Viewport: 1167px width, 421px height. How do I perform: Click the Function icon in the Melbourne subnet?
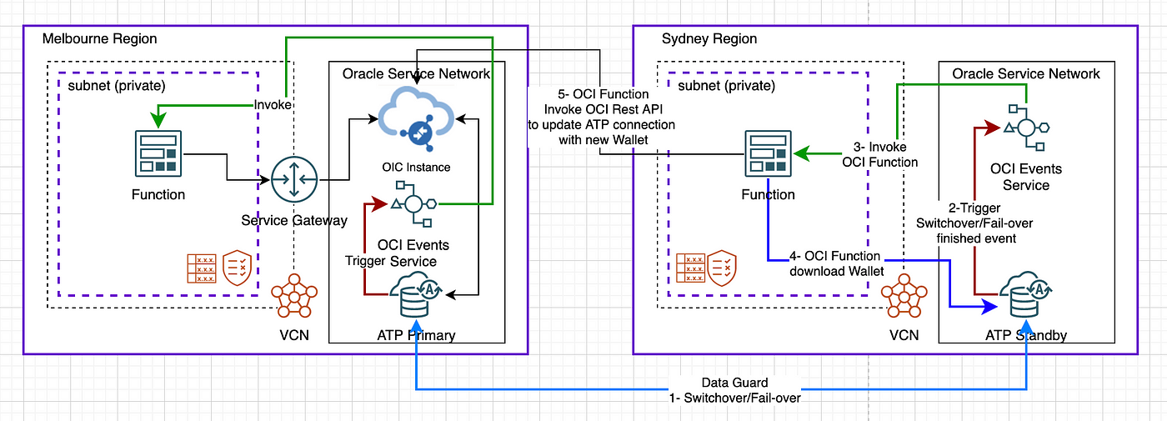[x=158, y=153]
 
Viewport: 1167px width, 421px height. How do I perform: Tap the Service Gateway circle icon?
[x=294, y=180]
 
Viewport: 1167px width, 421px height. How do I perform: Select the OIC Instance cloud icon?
[x=416, y=118]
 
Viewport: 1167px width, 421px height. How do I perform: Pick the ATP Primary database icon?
[x=416, y=294]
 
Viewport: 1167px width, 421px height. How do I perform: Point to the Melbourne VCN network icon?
[x=294, y=295]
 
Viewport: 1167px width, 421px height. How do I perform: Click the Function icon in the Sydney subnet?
[x=769, y=153]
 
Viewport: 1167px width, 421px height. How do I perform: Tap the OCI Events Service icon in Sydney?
[x=1026, y=128]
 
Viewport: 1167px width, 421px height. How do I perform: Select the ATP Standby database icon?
[x=1025, y=294]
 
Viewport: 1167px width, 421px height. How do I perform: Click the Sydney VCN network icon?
[x=904, y=295]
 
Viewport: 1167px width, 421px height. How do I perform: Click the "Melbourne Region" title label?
[x=99, y=38]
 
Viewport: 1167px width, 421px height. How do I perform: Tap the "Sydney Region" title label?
[x=709, y=38]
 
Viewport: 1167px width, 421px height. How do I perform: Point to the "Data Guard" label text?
[x=734, y=383]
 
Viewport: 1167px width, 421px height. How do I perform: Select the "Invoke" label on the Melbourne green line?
[x=273, y=105]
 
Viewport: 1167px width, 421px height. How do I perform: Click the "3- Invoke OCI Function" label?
[x=880, y=154]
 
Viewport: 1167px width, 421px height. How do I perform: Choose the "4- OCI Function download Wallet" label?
[x=836, y=263]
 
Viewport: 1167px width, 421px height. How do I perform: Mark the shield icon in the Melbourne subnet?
[x=237, y=268]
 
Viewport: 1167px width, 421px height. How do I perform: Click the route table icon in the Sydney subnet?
[x=691, y=268]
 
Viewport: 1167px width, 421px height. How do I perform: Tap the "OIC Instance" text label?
[x=416, y=168]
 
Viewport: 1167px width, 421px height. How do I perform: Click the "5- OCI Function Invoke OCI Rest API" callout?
[x=602, y=117]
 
